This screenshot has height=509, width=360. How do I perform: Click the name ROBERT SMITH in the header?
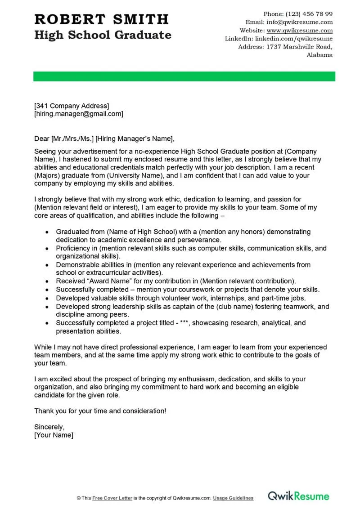101,19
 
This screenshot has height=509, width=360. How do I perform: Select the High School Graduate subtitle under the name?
103,35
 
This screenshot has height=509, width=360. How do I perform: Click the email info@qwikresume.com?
299,22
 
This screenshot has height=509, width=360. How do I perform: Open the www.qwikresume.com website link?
300,31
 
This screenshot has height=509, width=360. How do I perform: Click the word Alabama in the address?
319,55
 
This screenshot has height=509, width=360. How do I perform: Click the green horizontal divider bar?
184,76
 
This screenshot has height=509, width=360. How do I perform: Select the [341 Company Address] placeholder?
72,106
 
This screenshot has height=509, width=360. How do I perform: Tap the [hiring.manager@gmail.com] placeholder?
79,114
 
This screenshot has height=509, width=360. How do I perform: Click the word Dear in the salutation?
42,139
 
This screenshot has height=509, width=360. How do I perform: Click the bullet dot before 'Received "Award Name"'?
48,281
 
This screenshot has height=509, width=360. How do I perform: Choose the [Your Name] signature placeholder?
54,435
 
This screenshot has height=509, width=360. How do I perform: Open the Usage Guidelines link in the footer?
233,498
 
